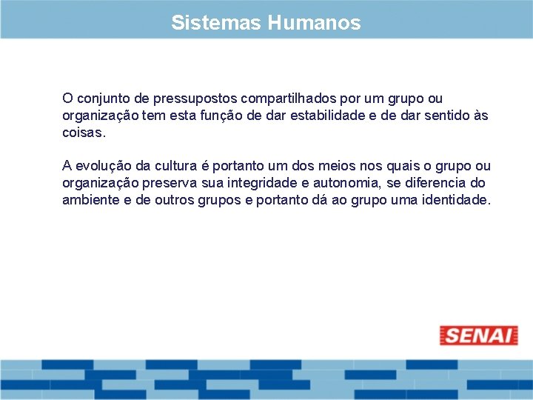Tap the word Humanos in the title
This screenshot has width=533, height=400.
[x=314, y=23]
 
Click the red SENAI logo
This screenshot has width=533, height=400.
[x=479, y=336]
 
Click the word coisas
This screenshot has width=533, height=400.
[x=84, y=134]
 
